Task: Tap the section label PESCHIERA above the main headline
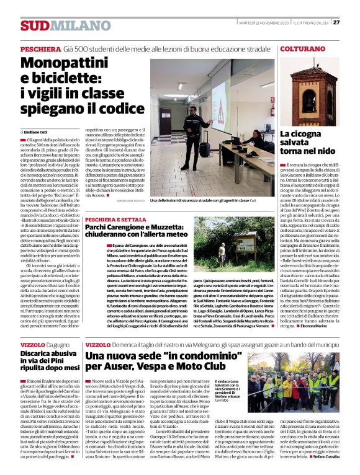(x=40, y=49)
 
